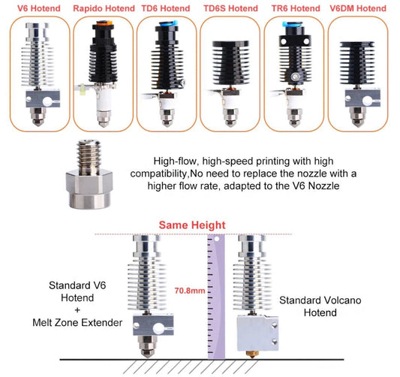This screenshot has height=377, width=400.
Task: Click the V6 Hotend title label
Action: (39, 8)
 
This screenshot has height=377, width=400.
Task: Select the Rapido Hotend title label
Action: (104, 8)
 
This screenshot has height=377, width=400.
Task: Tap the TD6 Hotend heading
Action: (166, 8)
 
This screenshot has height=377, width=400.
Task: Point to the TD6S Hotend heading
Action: (230, 8)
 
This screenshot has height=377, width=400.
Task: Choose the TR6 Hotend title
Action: (296, 8)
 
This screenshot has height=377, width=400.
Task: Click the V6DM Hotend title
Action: (358, 8)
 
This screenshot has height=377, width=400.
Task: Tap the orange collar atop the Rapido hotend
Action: (104, 23)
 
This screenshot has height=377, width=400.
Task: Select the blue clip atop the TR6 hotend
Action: (292, 25)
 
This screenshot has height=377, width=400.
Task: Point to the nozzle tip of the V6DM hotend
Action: (358, 125)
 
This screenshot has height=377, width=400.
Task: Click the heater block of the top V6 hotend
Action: (43, 99)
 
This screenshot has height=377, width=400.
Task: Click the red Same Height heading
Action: (192, 225)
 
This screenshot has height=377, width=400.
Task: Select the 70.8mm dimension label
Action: (190, 291)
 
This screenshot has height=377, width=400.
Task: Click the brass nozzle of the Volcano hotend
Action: (252, 354)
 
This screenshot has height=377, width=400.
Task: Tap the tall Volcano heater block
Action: (257, 333)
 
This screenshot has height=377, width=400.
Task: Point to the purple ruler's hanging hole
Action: (217, 239)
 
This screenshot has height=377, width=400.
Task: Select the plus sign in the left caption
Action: (77, 310)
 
